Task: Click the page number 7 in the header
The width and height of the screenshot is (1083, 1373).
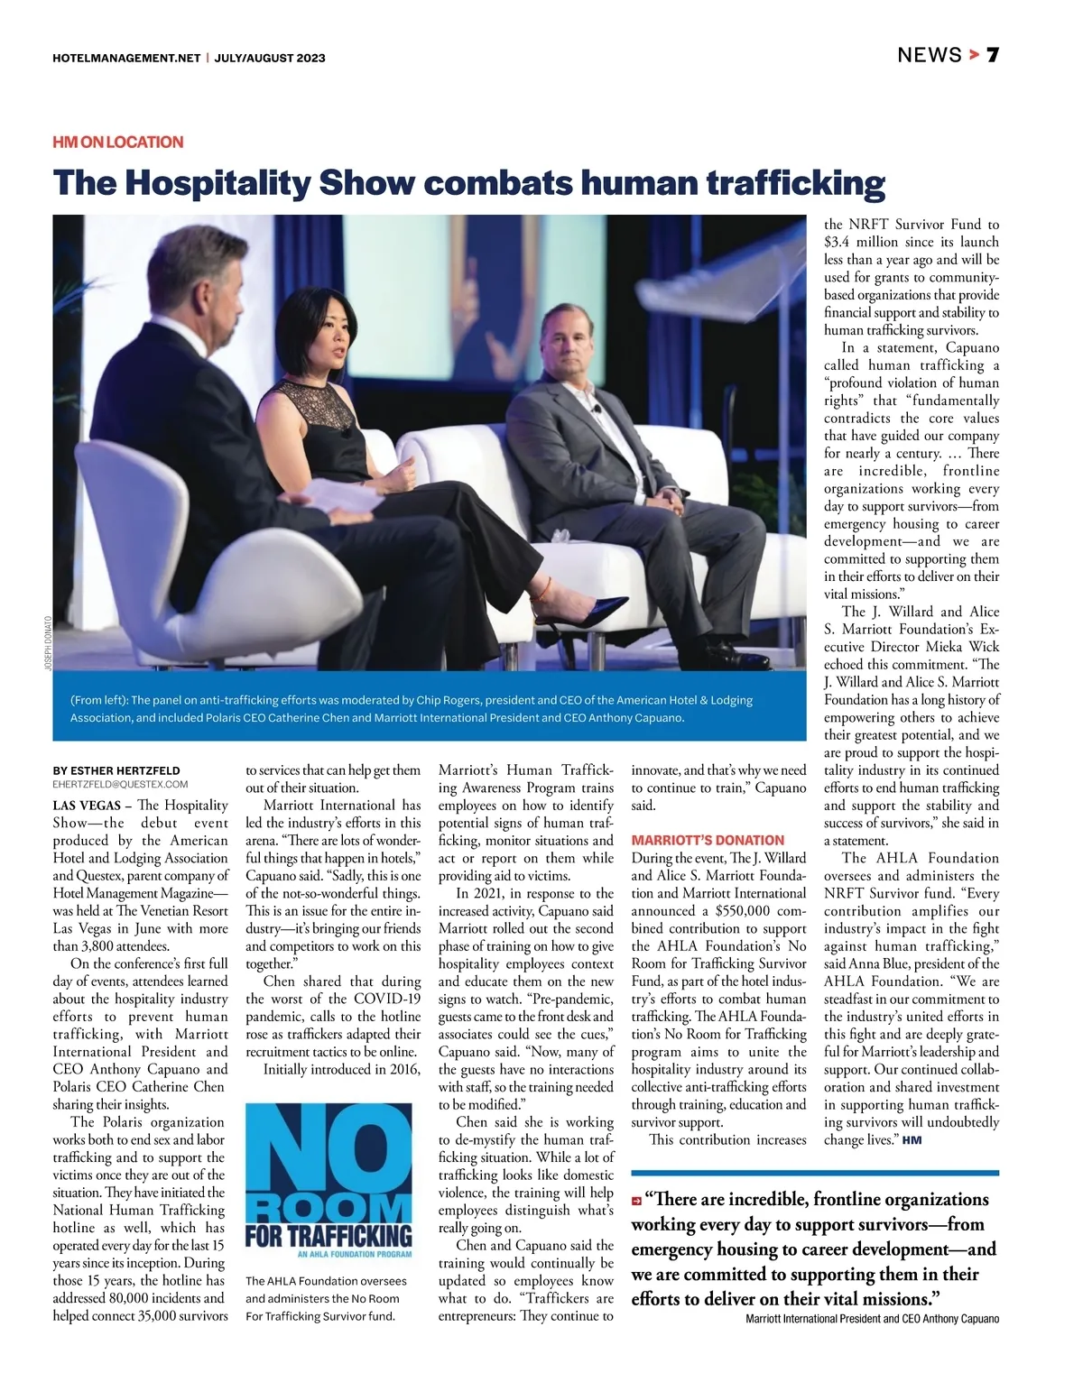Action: pos(992,55)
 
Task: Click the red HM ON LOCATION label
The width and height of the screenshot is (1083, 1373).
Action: pos(118,142)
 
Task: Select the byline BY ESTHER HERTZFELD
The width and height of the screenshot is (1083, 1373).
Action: pos(116,771)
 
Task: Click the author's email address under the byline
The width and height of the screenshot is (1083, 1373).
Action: pos(120,785)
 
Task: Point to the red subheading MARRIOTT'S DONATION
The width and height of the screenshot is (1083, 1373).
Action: pos(708,840)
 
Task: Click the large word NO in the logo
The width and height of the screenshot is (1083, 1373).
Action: pos(329,1151)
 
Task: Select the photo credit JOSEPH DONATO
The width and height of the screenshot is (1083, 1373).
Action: pos(48,642)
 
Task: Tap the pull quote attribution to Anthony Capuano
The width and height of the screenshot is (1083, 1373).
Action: pos(872,1319)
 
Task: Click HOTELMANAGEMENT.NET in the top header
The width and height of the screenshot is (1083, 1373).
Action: pos(126,58)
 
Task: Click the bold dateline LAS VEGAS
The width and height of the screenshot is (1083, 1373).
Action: pos(87,806)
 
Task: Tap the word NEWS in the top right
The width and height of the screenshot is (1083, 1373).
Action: pos(929,55)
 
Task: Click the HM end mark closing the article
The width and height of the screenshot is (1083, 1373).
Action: pos(912,1140)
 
